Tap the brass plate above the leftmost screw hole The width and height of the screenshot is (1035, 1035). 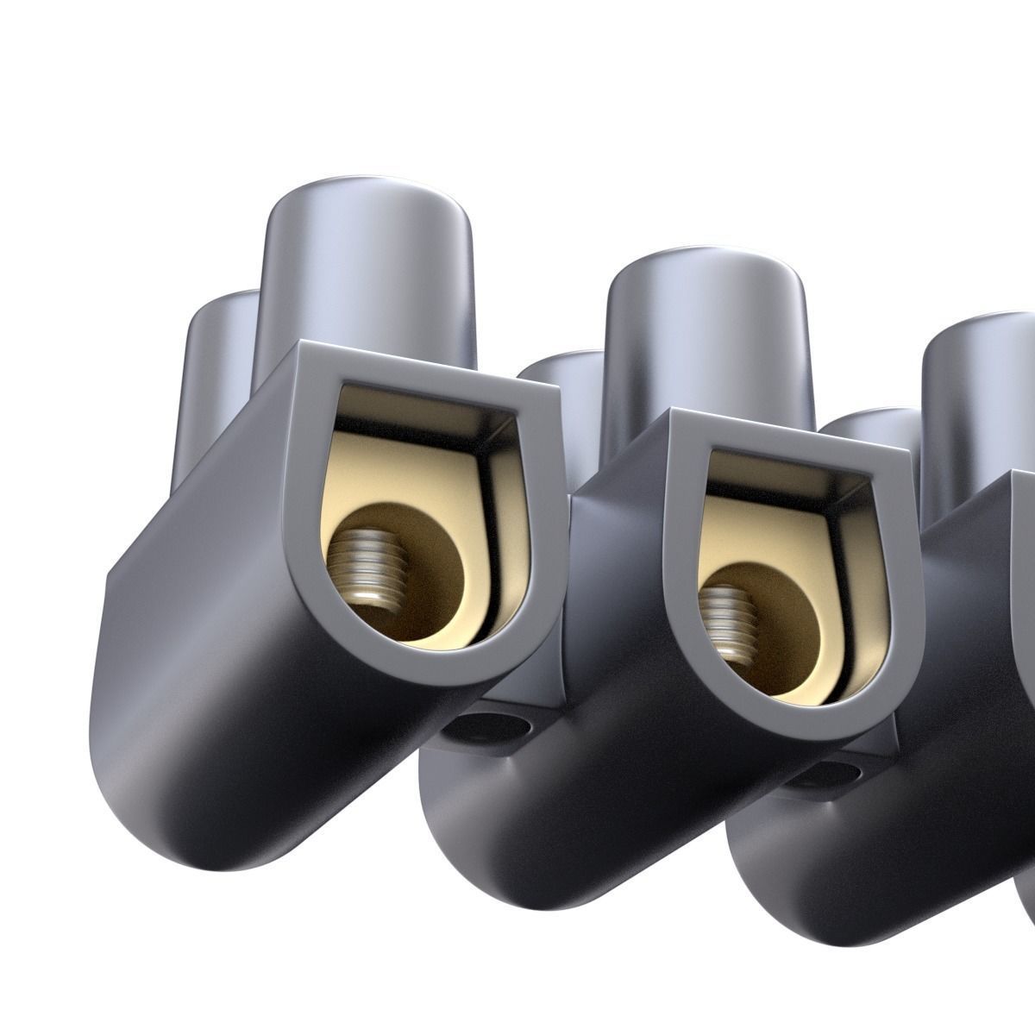(388, 466)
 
